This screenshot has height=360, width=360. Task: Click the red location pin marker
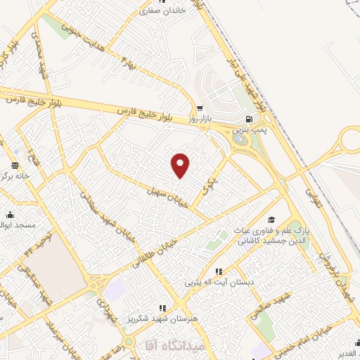[181, 165]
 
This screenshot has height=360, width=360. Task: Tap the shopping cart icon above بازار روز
[200, 109]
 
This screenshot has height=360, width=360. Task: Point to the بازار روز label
[200, 120]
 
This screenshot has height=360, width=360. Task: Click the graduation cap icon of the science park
[272, 219]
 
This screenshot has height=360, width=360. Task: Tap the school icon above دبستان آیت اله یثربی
[219, 271]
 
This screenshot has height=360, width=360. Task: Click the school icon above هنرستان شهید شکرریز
[163, 307]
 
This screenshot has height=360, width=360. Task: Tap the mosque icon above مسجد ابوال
[10, 214]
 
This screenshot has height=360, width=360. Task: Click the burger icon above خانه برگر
[14, 166]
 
